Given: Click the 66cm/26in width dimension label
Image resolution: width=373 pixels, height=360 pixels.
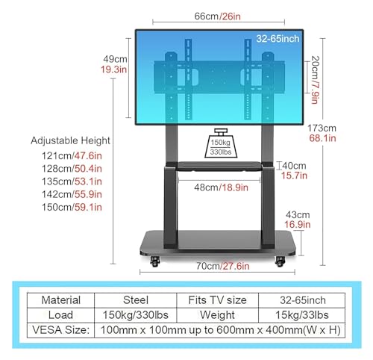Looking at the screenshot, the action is point(218,16).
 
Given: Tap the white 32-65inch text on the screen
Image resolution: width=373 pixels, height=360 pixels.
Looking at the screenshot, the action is point(278,39).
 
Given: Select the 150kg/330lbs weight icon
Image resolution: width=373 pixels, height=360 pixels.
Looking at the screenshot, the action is point(221,143).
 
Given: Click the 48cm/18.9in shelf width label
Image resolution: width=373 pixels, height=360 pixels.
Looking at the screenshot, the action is point(221,187).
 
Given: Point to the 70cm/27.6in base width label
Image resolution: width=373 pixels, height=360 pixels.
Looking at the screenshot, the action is point(223,266).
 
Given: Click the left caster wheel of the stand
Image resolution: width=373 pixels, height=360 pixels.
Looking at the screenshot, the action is point(154,261).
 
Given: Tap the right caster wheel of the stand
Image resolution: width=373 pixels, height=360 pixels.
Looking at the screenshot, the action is point(280,261).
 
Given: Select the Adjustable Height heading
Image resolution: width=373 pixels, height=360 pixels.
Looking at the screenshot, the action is point(70,140).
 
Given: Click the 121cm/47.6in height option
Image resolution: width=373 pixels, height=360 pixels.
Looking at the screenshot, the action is point(72,156).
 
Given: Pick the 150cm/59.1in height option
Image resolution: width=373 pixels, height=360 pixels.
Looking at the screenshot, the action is point(72,207).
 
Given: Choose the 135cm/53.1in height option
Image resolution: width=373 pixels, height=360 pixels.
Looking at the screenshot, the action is point(72,181).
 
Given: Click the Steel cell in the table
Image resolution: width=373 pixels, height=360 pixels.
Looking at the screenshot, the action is point(136,300).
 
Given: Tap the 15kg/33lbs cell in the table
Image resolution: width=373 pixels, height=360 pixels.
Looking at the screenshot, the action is point(302,315).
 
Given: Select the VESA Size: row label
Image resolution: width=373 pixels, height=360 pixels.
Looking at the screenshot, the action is point(61,330).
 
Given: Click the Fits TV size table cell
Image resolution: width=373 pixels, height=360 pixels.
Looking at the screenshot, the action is point(217,300).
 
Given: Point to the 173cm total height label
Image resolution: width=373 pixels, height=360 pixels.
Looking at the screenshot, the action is point(322,128).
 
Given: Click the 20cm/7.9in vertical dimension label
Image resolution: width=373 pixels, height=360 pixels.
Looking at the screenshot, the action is point(316,80).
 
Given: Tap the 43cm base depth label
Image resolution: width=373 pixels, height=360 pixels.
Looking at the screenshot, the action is point(298,214).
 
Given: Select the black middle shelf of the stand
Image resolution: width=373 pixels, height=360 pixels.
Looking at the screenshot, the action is point(219,167).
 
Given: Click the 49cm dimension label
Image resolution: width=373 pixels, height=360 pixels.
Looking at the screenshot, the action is point(115,59).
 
